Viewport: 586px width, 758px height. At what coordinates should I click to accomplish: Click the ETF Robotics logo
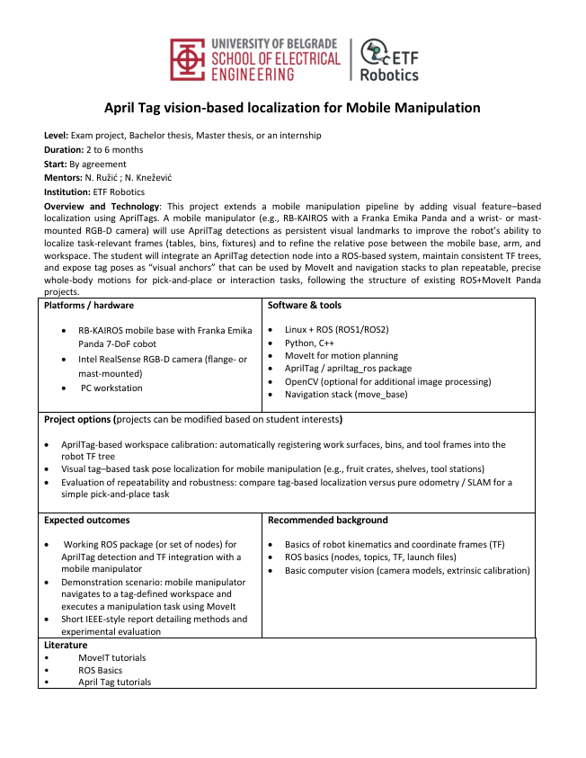pos(388,59)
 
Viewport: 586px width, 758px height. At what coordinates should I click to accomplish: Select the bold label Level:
pos(57,136)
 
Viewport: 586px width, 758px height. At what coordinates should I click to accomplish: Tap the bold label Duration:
pos(64,149)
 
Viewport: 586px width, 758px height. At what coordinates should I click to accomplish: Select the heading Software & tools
pos(305,306)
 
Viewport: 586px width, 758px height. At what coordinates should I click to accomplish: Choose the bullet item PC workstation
pos(111,388)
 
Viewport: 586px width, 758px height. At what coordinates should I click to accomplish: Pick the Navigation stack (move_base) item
pos(346,394)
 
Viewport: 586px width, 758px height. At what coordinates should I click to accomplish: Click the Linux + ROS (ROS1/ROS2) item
pos(336,330)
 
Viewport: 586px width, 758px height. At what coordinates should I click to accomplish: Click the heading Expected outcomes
pos(86,520)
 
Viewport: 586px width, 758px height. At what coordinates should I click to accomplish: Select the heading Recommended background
pos(327,520)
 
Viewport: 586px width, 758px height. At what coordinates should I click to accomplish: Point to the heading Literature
pos(66,645)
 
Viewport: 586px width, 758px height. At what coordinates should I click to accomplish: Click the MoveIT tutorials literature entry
pos(111,657)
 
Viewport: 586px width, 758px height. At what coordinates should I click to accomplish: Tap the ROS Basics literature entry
pos(100,670)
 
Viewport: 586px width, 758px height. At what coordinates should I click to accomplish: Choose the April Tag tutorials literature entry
pos(114,682)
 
